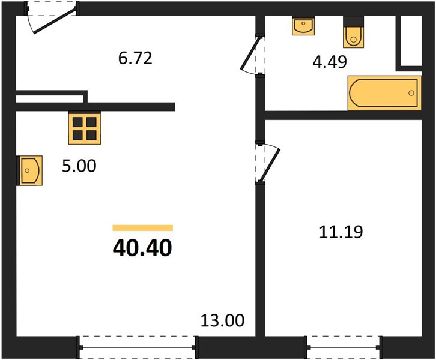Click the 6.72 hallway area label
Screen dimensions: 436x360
(x=135, y=59)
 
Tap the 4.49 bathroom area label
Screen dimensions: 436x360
(x=330, y=62)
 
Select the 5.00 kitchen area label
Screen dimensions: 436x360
(x=79, y=166)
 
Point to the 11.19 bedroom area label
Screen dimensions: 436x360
(x=341, y=232)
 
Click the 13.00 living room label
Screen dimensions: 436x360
(x=222, y=320)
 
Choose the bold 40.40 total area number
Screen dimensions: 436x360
(x=142, y=248)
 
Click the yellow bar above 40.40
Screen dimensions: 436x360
(x=143, y=228)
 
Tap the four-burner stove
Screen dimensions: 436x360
(x=85, y=128)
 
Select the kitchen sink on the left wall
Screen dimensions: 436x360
(x=29, y=170)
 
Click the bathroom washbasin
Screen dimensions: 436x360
(x=303, y=26)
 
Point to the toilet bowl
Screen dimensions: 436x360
(x=353, y=37)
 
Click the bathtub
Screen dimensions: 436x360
(x=384, y=93)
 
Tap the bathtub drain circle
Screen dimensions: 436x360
(x=411, y=93)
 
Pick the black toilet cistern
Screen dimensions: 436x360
(x=353, y=21)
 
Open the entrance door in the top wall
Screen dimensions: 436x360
(x=55, y=22)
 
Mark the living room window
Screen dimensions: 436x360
(x=138, y=347)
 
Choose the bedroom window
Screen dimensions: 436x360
(x=343, y=347)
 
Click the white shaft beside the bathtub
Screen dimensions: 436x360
(x=411, y=41)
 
